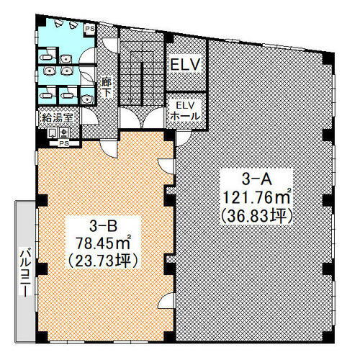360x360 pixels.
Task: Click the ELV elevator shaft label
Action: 185,64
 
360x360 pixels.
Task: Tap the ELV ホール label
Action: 185,111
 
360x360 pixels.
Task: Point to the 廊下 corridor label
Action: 107,88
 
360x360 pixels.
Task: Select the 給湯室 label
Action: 58,118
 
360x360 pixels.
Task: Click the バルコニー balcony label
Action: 26,274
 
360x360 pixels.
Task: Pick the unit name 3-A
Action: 256,179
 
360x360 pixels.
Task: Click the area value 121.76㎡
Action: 256,198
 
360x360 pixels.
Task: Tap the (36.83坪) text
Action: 256,217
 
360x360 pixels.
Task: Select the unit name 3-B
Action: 103,226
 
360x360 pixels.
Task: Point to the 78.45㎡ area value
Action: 103,243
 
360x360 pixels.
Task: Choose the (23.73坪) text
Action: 103,261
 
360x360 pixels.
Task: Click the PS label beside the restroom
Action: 90,29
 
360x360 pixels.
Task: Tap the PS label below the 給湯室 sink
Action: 64,143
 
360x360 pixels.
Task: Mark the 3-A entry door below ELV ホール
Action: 183,138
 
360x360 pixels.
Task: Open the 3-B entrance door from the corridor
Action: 109,149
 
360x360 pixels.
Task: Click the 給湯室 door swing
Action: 89,116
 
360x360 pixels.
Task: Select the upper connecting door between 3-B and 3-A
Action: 166,166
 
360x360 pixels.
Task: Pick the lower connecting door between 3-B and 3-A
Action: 166,300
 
